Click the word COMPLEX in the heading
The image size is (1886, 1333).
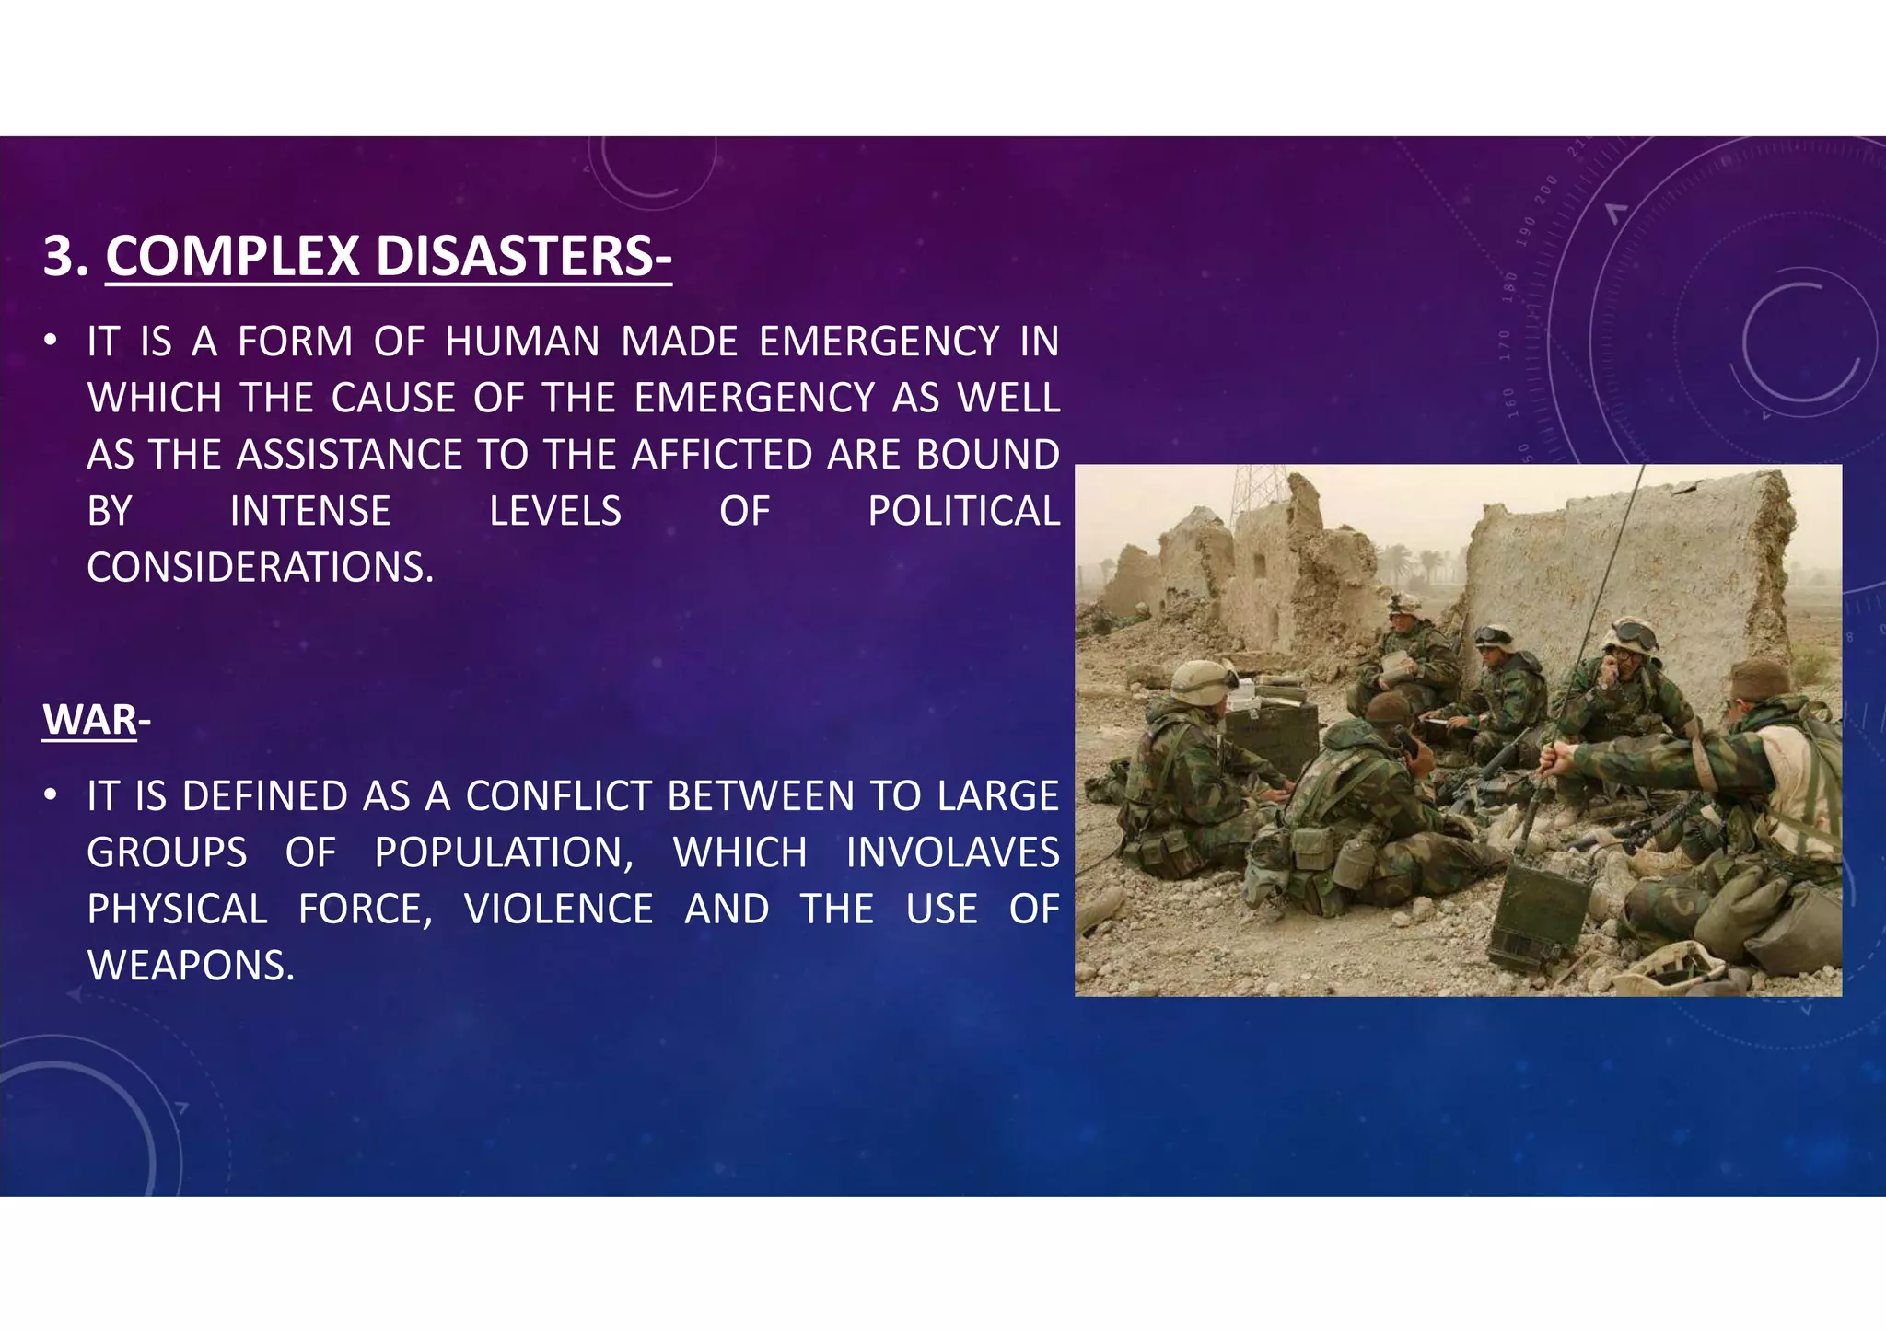click(232, 256)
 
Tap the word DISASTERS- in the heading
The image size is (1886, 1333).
click(523, 256)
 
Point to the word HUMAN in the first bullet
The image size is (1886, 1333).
click(522, 342)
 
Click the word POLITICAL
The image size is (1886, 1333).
click(963, 511)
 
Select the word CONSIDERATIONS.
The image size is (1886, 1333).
click(260, 568)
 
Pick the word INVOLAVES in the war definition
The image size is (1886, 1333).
click(952, 852)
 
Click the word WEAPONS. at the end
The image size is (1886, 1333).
click(191, 966)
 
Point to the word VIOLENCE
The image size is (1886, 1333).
click(559, 910)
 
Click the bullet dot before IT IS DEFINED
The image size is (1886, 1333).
click(52, 794)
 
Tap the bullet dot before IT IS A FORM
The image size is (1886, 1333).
click(52, 341)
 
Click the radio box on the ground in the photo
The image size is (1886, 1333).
click(1539, 912)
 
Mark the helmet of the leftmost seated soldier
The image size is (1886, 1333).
click(1202, 682)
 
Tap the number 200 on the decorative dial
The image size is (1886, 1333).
click(1546, 190)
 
